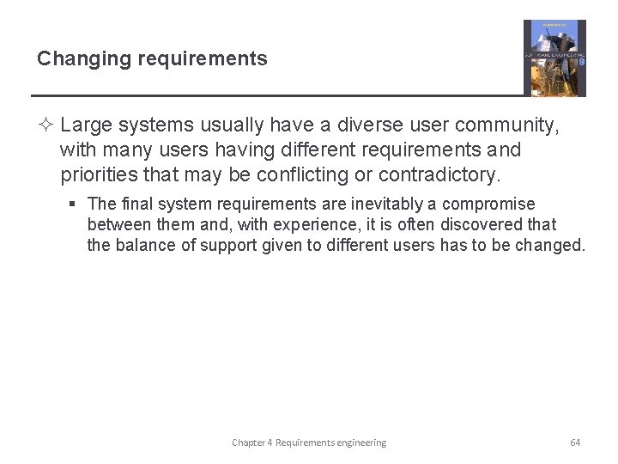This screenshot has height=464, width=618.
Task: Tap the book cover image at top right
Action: (554, 58)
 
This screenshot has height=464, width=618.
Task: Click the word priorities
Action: (94, 175)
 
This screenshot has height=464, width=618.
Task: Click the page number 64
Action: (575, 443)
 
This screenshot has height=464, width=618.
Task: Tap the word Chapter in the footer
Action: (248, 443)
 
